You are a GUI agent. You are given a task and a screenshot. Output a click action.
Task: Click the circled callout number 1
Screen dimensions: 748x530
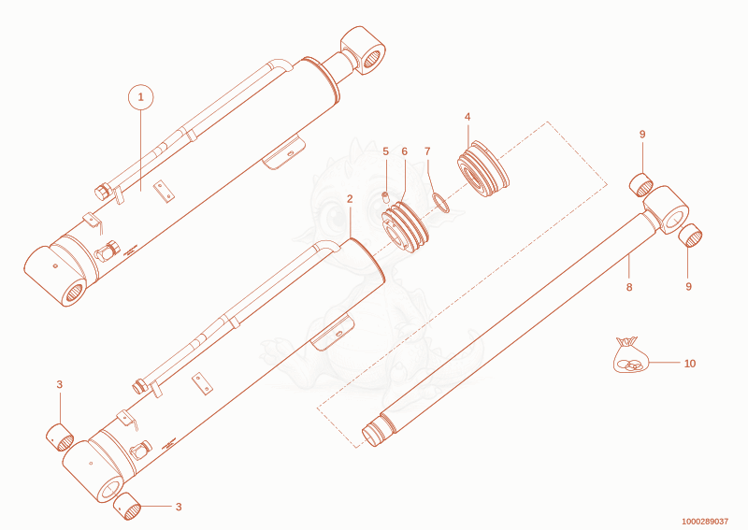click(x=141, y=97)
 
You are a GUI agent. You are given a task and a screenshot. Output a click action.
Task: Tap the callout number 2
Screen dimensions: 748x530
click(x=350, y=199)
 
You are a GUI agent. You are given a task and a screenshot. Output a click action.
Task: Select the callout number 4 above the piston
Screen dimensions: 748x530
click(x=467, y=117)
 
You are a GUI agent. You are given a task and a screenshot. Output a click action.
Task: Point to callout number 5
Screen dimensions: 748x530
click(x=385, y=151)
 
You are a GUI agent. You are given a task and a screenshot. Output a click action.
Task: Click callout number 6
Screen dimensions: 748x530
click(x=405, y=151)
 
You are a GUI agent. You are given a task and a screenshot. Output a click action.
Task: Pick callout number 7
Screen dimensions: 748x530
click(x=427, y=151)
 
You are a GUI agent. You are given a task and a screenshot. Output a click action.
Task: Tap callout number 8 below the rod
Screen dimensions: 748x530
click(x=629, y=287)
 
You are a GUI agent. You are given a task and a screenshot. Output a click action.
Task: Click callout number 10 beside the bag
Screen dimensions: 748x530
click(x=690, y=364)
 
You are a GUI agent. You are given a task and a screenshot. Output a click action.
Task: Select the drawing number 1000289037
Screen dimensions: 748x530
click(x=705, y=522)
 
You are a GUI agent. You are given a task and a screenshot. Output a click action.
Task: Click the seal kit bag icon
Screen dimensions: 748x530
click(x=630, y=355)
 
